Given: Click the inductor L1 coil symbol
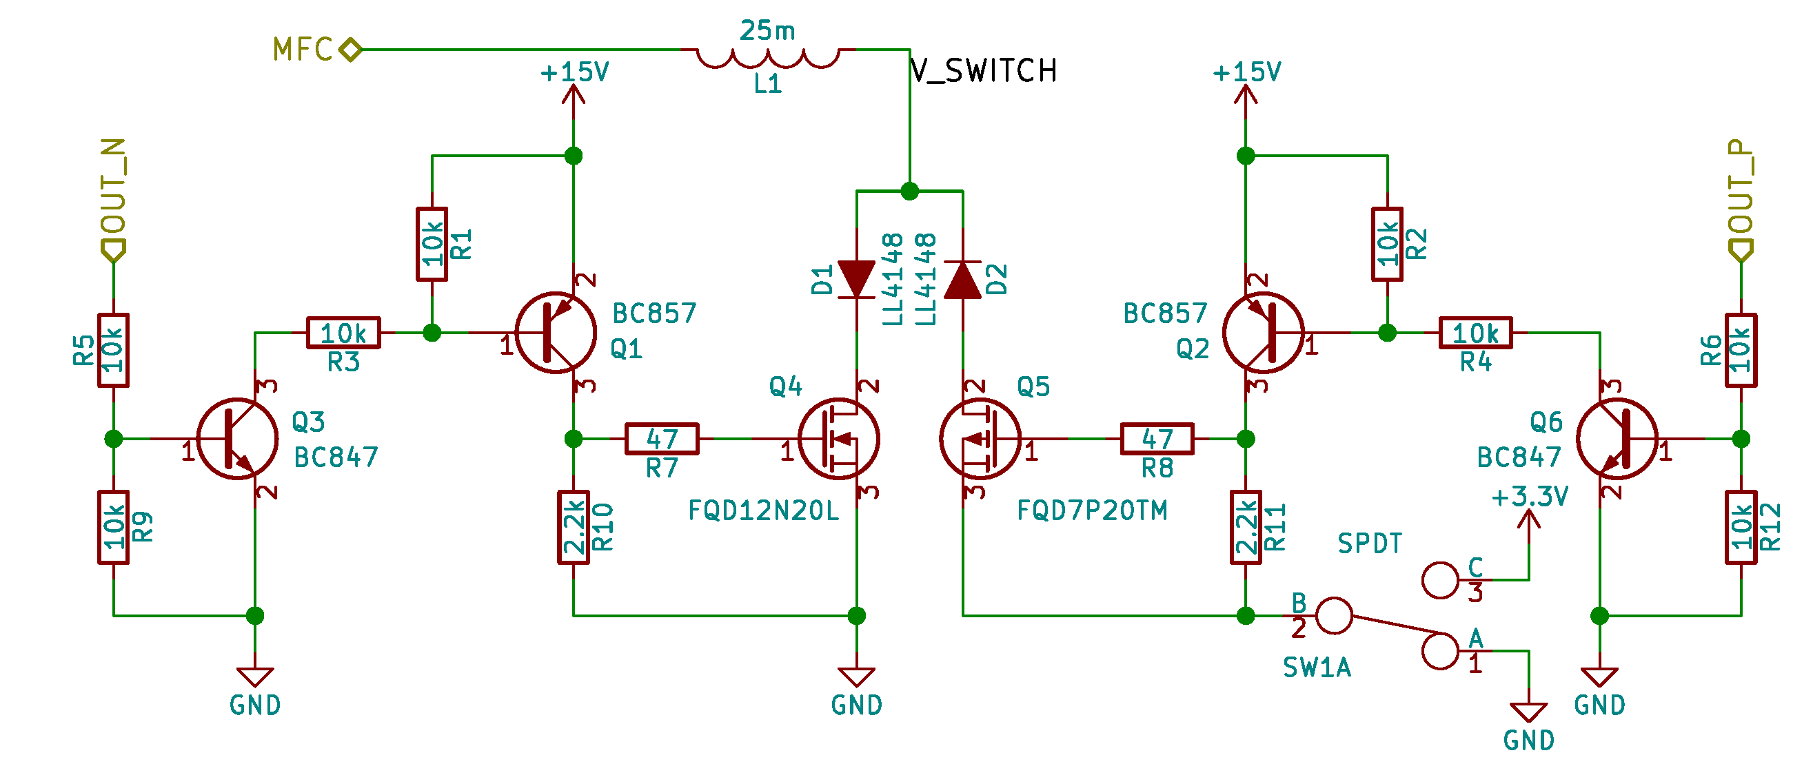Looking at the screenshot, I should (767, 58).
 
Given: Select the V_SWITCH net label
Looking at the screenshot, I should (983, 71).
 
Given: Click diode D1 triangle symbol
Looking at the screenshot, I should (857, 279).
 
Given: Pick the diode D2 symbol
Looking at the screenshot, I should (962, 279).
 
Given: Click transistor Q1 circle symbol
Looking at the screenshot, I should (556, 333).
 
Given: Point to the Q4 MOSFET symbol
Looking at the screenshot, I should (838, 439).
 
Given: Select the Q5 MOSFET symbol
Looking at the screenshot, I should (980, 439).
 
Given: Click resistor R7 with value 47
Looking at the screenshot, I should (662, 439).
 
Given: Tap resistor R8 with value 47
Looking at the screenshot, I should (1157, 439).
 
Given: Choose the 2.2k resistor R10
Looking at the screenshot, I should (574, 527).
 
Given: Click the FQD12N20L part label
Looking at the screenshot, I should (763, 510).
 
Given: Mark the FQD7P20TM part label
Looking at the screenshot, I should (1092, 510).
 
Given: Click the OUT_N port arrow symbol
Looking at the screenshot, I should (113, 250).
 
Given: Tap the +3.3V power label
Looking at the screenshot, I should (1530, 497).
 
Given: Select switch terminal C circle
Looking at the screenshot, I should (1440, 580).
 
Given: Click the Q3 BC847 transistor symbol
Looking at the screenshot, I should (237, 439).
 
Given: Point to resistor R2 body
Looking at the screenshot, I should (1386, 244).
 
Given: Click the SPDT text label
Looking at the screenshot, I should (1369, 544).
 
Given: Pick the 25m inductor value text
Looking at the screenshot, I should (767, 30).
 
